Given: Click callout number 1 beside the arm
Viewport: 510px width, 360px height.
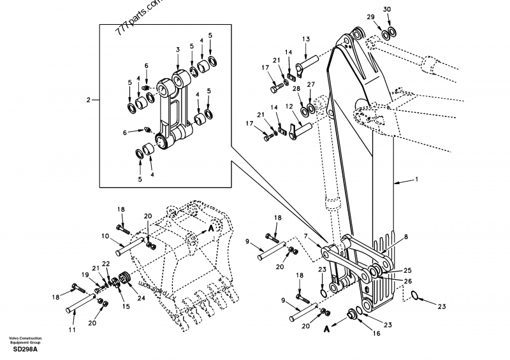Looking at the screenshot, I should [x=416, y=180].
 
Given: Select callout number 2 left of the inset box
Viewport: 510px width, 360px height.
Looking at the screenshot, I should [x=89, y=99].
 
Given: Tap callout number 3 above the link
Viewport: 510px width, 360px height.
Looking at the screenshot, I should [x=177, y=49].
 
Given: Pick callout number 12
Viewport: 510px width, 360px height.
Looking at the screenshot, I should [x=288, y=106].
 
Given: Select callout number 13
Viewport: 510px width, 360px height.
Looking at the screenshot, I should [x=305, y=40].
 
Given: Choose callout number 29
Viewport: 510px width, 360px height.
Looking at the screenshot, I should [x=370, y=17].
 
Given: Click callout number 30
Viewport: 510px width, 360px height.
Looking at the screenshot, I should [x=388, y=10].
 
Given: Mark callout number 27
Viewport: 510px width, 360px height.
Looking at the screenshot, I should [x=310, y=84].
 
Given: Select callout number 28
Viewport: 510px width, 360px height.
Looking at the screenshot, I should [x=296, y=89].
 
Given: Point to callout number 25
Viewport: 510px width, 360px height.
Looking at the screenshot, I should [x=407, y=271].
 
